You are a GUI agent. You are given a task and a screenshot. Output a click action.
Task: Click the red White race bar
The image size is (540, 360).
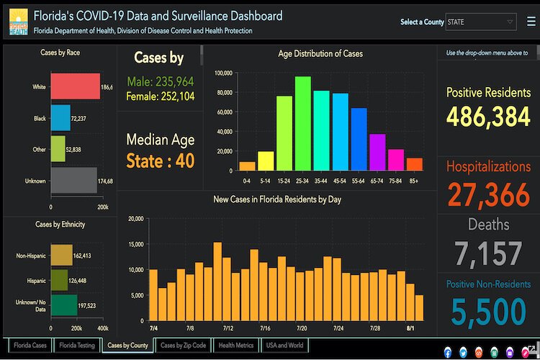pos(75,86)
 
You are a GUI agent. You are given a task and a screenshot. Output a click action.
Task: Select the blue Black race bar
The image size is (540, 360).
pos(60,117)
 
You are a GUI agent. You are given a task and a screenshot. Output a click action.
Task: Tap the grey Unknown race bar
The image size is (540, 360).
pos(73,180)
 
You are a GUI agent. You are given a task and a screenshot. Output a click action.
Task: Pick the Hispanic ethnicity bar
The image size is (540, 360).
pos(59,280)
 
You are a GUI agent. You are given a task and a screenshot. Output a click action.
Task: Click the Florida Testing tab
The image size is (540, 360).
pos(77,346)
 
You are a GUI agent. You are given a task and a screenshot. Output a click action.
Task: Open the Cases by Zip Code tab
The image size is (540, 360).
pos(183,346)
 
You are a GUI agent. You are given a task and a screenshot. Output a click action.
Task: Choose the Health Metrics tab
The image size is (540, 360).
pos(236,346)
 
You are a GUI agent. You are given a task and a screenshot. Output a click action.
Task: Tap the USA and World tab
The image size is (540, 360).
pos(285,346)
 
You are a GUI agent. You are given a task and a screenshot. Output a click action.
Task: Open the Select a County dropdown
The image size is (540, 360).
pos(480,22)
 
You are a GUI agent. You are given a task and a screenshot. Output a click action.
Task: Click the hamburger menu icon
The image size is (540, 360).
pos(531,22)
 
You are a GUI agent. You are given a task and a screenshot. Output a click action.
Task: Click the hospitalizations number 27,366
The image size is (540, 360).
pos(487,195)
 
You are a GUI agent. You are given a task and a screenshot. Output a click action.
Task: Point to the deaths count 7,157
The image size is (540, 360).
pos(488,254)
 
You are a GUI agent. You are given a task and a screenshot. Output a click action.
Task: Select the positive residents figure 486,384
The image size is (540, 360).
pos(488,117)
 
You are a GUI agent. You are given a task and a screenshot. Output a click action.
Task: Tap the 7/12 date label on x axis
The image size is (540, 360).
pos(228,328)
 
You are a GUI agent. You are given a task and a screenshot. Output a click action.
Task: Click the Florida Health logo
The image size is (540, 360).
pos(18,22)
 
